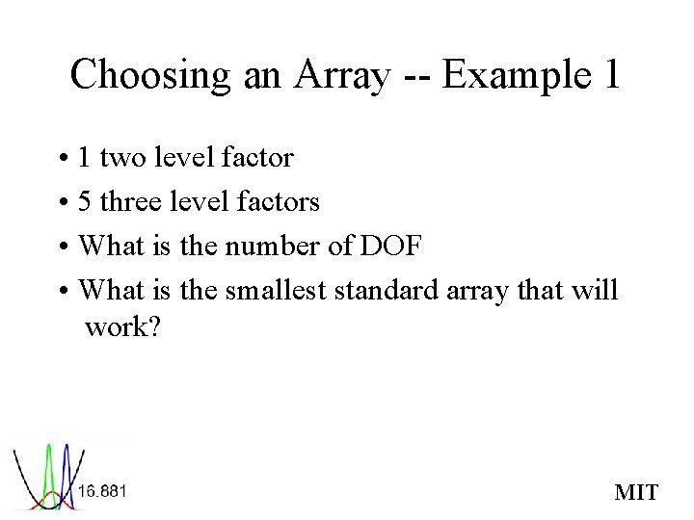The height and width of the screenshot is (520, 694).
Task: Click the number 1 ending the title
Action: click(610, 75)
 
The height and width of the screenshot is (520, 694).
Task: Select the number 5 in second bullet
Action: click(85, 201)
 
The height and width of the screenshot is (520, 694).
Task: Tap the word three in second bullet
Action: click(130, 201)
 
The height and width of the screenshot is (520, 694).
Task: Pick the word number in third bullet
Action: click(272, 246)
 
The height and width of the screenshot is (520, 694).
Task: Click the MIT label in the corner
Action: click(636, 493)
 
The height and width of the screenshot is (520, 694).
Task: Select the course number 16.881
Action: click(102, 490)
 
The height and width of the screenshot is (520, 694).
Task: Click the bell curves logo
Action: click(46, 476)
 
